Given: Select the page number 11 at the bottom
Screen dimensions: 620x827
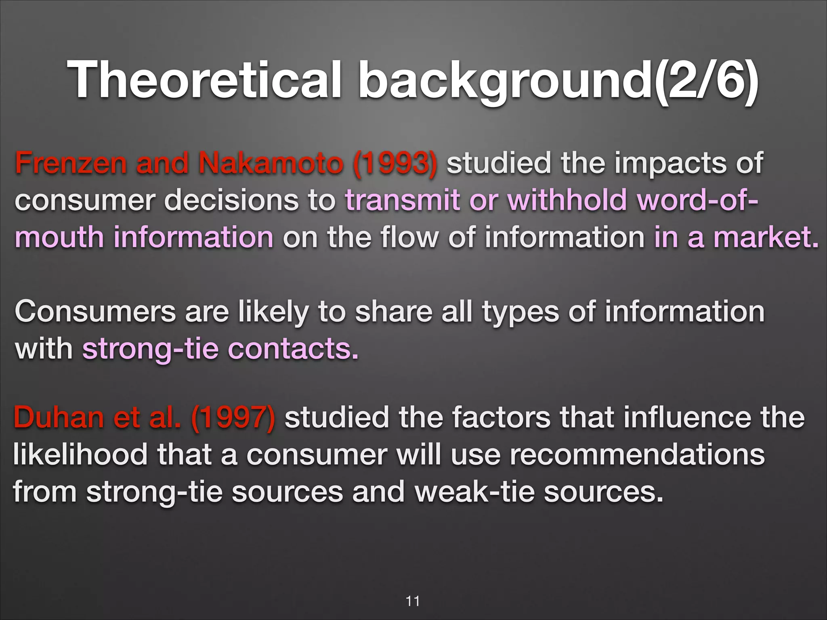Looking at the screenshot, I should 413,601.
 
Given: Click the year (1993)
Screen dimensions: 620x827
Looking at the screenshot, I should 395,164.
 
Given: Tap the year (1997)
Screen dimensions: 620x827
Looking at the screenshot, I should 233,417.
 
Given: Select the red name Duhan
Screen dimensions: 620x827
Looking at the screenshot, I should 59,417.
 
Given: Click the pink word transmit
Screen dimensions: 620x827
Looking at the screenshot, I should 402,200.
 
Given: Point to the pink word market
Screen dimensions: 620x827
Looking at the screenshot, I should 766,237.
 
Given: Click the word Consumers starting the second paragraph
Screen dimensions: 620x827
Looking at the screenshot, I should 95,312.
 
